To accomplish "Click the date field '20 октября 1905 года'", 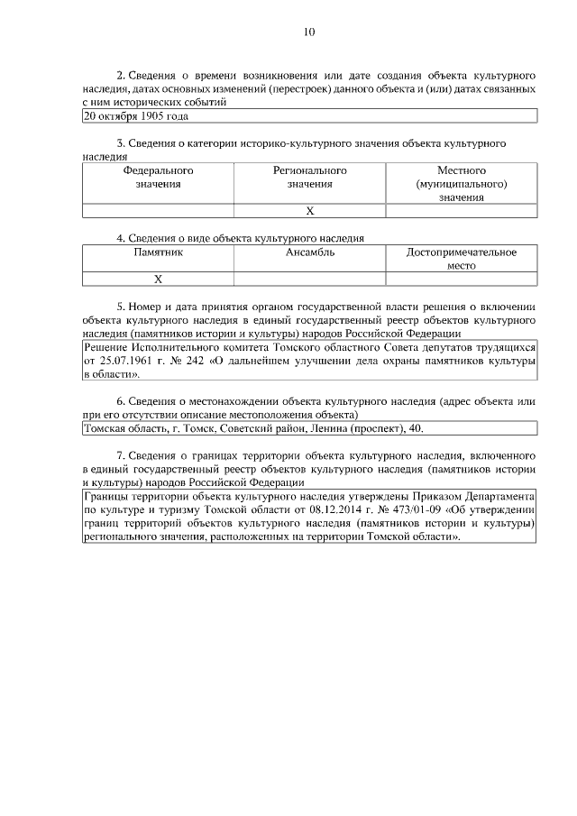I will pyautogui.click(x=136, y=116).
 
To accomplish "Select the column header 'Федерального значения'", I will pyautogui.click(x=158, y=177).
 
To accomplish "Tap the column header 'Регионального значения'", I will pyautogui.click(x=310, y=177).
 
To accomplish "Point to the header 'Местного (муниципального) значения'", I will pyautogui.click(x=462, y=183).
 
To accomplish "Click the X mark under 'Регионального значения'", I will pyautogui.click(x=310, y=211).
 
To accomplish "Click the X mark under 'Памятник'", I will pyautogui.click(x=158, y=280).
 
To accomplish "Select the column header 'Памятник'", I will pyautogui.click(x=158, y=252).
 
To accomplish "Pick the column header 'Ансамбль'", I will pyautogui.click(x=310, y=252).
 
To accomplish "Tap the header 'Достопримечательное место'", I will pyautogui.click(x=462, y=259).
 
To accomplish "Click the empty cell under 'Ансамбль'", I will pyautogui.click(x=310, y=280).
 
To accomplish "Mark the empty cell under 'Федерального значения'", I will pyautogui.click(x=158, y=211).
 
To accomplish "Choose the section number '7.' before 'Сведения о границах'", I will pyautogui.click(x=121, y=456).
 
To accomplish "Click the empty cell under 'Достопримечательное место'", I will pyautogui.click(x=462, y=280).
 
